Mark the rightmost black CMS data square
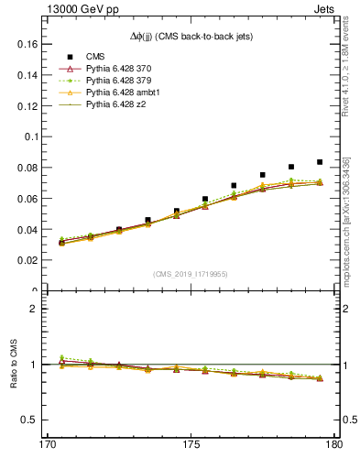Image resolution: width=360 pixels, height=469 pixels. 320,162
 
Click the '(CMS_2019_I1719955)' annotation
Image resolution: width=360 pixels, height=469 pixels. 191,274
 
